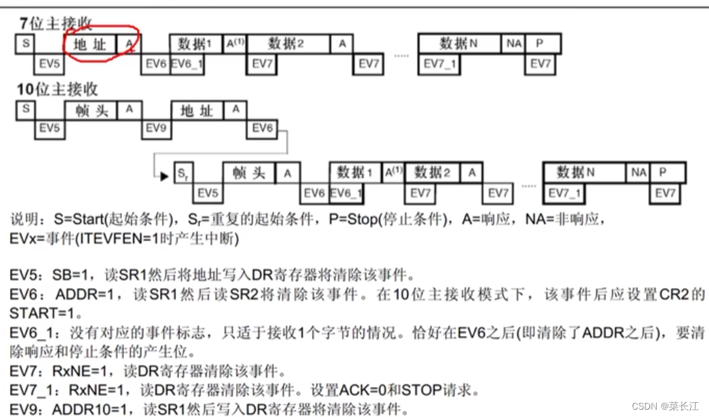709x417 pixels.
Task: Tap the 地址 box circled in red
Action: coord(90,44)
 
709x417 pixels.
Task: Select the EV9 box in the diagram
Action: coord(155,128)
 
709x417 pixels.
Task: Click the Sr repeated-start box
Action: coord(183,173)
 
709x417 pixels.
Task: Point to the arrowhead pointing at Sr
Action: coord(163,176)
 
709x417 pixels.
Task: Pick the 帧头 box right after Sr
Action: coord(248,173)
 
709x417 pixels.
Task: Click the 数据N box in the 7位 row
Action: coord(459,44)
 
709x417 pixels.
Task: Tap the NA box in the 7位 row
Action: coord(514,44)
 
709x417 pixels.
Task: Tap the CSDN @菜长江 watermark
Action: coord(666,406)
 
